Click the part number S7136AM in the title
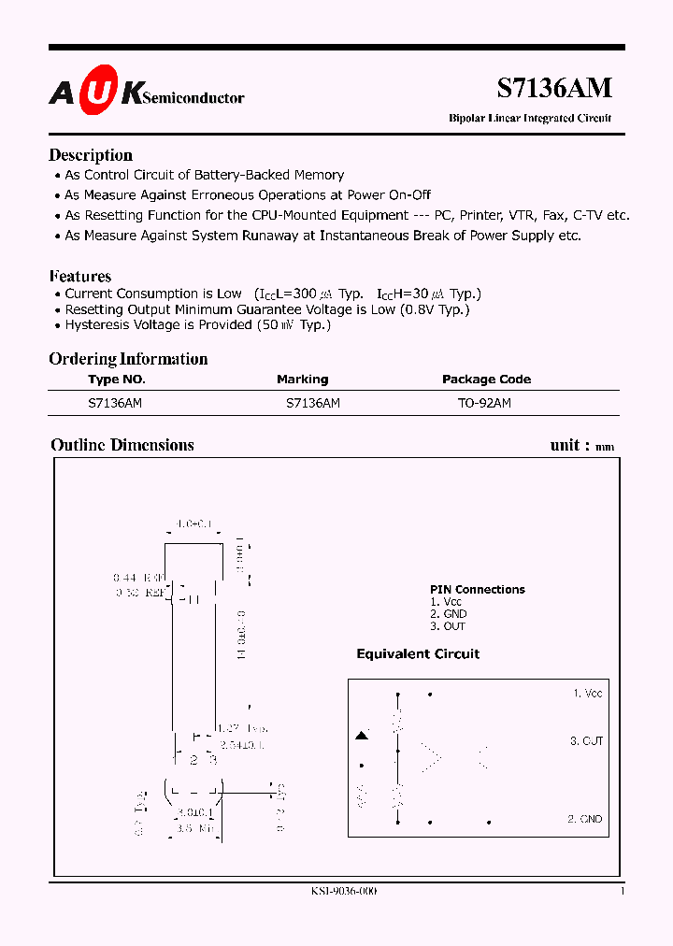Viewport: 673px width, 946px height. click(x=554, y=87)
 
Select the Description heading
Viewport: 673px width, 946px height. click(x=91, y=155)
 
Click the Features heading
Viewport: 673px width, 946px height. click(x=79, y=276)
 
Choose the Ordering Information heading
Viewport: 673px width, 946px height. click(x=128, y=359)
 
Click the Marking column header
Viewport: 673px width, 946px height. click(x=302, y=380)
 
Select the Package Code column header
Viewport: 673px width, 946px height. click(x=486, y=380)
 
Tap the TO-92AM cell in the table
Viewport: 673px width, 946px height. click(x=484, y=403)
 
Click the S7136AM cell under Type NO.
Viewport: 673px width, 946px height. click(x=115, y=403)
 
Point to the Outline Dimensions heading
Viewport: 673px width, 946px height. click(x=122, y=445)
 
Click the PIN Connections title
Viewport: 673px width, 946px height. click(x=477, y=589)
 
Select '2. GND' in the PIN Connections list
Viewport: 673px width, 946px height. click(x=448, y=614)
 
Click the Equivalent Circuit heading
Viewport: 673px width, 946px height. click(x=418, y=653)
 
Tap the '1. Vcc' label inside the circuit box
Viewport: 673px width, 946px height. click(x=587, y=693)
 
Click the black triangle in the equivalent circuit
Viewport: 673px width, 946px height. click(x=362, y=737)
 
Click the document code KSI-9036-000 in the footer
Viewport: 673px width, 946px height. click(x=344, y=892)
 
